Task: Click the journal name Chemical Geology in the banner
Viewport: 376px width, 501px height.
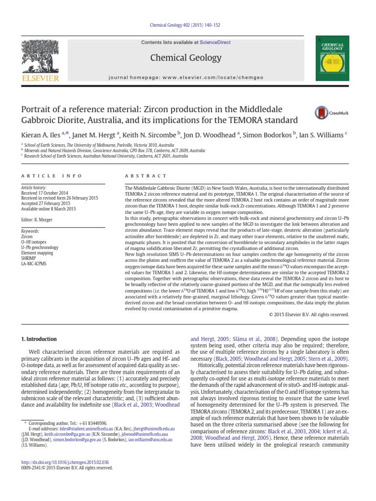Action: (186, 58)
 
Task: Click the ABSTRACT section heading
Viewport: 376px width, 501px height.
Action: (146, 176)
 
